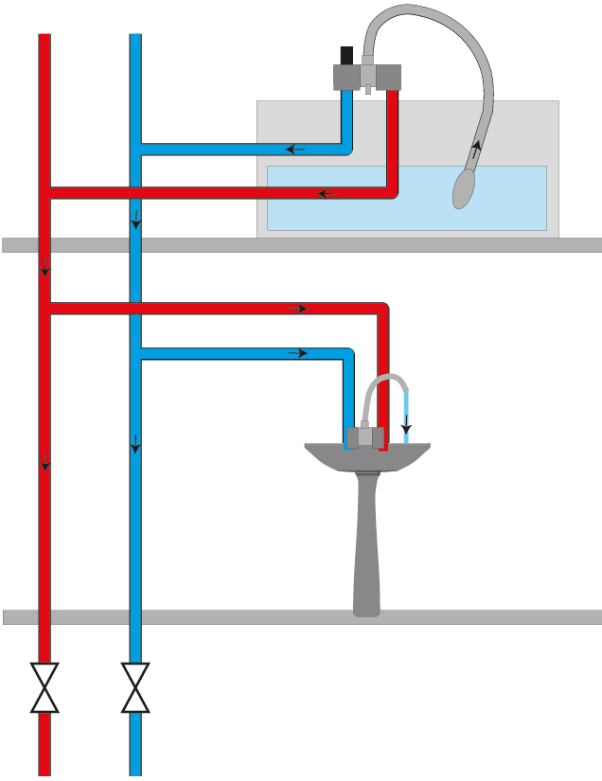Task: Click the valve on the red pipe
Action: (44, 687)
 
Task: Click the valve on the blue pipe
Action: (135, 687)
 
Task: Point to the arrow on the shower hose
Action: (476, 148)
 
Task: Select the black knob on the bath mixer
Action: (346, 55)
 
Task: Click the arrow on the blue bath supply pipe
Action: (295, 149)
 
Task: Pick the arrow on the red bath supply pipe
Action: (327, 193)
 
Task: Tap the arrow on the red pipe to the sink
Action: (297, 309)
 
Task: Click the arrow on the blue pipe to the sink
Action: (297, 353)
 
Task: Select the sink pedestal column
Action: (365, 549)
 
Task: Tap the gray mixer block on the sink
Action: (364, 436)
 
